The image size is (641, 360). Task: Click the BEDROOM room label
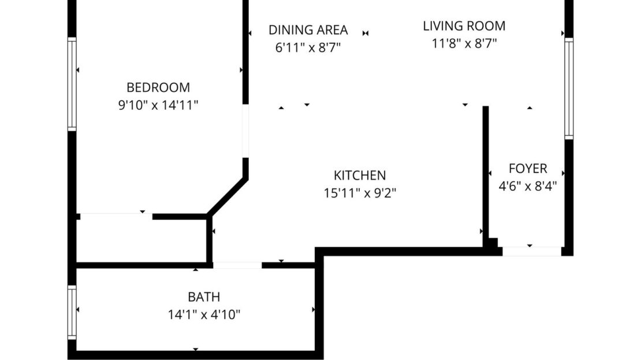158,88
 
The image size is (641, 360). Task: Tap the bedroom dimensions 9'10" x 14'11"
158,105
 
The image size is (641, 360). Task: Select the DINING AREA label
308,30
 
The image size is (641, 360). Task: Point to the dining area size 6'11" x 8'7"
308,47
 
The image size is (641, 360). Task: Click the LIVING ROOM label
464,26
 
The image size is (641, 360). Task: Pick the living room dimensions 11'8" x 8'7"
464,43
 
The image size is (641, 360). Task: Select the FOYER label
527,169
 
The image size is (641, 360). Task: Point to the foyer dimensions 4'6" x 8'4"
527,186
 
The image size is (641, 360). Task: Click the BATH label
203,298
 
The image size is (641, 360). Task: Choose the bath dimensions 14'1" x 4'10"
203,315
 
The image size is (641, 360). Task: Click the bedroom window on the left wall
72,84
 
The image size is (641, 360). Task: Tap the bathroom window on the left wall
72,313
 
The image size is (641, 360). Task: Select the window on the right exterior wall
569,88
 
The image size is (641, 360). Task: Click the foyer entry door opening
531,251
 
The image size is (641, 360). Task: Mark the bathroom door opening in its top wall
237,265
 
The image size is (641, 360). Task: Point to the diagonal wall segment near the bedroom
228,197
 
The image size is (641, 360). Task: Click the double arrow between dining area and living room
366,33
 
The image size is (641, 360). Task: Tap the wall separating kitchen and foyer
486,173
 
